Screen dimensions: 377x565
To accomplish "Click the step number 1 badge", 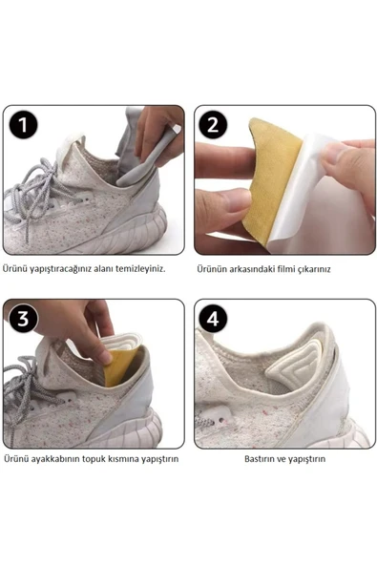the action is click(x=23, y=125).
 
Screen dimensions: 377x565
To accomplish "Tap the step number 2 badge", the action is click(x=213, y=125).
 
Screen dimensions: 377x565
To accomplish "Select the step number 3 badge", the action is click(x=23, y=320).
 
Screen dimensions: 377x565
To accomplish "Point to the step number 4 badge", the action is click(x=213, y=320).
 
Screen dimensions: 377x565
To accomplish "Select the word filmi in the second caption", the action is click(x=285, y=269).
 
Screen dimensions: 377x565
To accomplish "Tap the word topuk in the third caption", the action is click(x=93, y=459).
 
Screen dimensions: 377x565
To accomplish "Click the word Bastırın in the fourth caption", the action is click(x=260, y=459).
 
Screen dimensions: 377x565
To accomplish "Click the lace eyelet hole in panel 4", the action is click(x=220, y=420).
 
